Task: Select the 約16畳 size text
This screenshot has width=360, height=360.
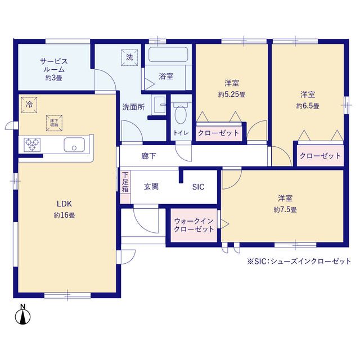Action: click(64, 215)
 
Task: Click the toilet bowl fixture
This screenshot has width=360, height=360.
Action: click(181, 115)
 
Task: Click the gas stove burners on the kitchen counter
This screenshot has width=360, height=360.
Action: click(32, 145)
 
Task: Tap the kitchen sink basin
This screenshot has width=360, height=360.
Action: click(74, 145)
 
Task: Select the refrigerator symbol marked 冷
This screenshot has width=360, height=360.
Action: click(28, 105)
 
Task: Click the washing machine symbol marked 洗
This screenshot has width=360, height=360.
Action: click(129, 57)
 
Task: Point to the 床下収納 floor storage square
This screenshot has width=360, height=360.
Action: click(55, 123)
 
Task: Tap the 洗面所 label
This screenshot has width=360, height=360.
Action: click(134, 106)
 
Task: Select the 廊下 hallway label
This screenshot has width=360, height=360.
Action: click(149, 156)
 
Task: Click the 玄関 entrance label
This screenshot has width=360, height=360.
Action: click(150, 186)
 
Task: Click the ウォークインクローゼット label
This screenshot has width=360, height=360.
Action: click(193, 225)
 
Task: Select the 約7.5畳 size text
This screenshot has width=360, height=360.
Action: click(285, 209)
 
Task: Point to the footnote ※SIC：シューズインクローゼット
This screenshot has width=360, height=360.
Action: click(299, 262)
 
